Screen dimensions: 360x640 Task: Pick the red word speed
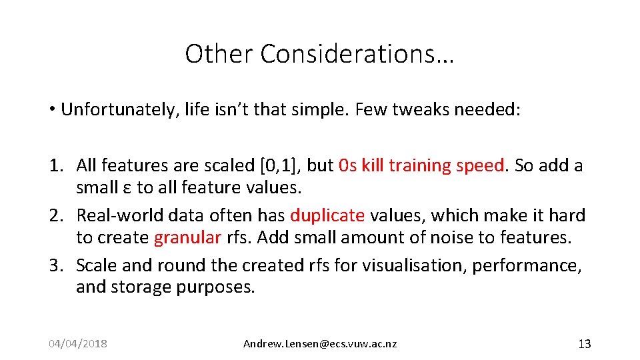(480, 166)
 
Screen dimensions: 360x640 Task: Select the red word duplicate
(327, 216)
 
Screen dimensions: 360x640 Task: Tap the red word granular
(187, 238)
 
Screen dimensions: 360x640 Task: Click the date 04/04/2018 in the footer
(78, 344)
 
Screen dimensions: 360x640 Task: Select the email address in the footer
(320, 344)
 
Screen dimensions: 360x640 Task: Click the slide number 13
(584, 344)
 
